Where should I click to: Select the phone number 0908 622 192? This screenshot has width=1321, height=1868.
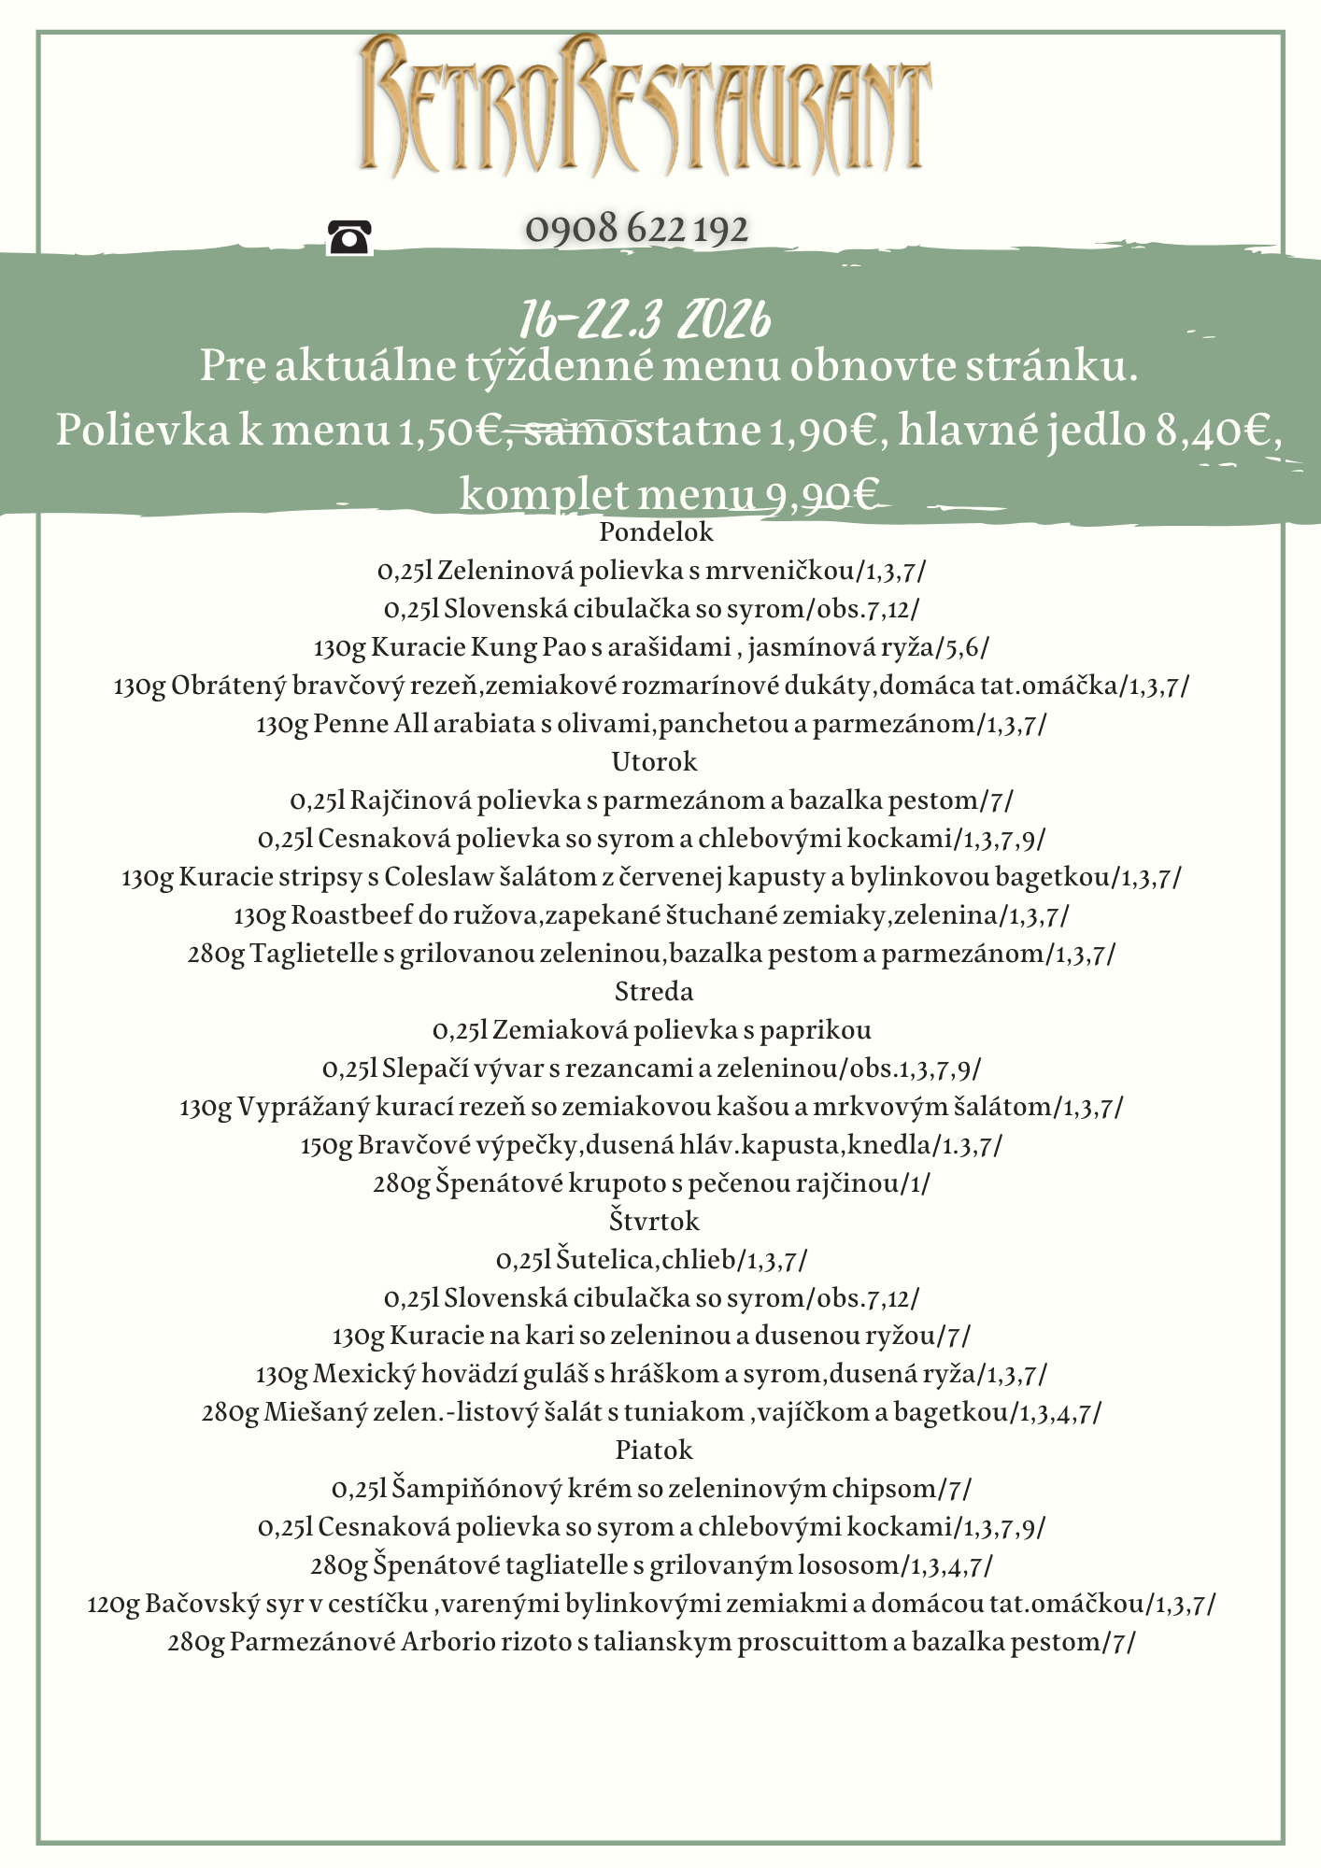coord(637,229)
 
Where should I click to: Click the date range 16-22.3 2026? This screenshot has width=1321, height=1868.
coord(646,320)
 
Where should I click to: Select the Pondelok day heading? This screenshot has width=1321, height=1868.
coord(656,532)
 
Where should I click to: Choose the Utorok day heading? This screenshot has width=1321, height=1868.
coord(654,762)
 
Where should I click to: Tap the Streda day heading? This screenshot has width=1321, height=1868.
coord(654,992)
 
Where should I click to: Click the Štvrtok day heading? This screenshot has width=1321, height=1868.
coord(654,1222)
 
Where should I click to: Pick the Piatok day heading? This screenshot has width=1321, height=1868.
coord(654,1451)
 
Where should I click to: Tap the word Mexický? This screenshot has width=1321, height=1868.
coord(363,1375)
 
